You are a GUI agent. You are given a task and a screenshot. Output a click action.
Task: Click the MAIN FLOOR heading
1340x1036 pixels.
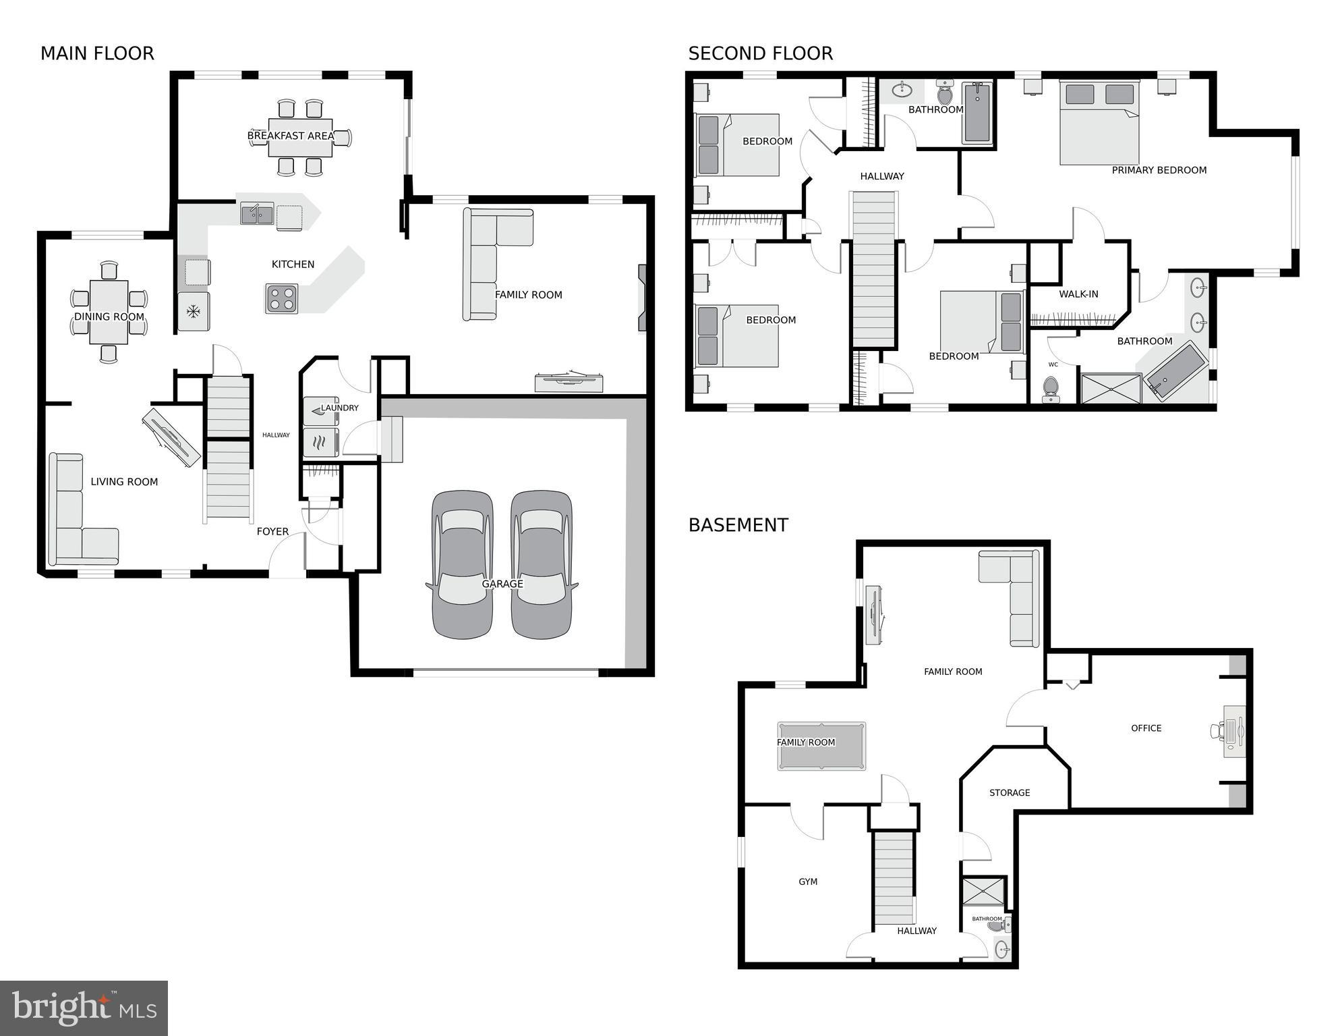coord(97,53)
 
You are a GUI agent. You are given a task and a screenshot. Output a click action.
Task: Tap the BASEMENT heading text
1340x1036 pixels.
coord(738,525)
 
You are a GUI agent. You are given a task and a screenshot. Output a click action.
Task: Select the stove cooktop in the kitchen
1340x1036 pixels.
coord(281,299)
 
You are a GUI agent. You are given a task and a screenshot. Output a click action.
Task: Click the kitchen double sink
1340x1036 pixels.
coord(257,214)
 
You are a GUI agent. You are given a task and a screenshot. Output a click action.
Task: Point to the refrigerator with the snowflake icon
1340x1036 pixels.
coord(194,311)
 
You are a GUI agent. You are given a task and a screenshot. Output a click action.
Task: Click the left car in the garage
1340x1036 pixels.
coord(462,564)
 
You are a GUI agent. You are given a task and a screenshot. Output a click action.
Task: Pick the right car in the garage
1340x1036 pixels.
coord(542,564)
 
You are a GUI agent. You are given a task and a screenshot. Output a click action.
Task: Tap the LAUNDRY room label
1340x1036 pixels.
coord(339,408)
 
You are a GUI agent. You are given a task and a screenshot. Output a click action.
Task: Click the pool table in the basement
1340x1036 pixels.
coord(821,746)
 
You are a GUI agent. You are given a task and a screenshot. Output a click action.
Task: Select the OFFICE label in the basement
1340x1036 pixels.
coord(1146,728)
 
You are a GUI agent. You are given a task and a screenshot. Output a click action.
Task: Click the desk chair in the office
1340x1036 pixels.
coord(1217,730)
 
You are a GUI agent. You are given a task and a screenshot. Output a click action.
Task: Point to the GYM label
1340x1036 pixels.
coord(807,881)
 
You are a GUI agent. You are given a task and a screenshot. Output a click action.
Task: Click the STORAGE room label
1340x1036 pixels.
coord(1009,793)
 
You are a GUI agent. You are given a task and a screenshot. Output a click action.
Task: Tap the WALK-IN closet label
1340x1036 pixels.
coord(1078,294)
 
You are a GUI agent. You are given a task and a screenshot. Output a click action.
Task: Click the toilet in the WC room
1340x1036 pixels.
coord(1050,388)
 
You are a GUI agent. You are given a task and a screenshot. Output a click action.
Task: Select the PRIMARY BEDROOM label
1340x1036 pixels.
coord(1159,170)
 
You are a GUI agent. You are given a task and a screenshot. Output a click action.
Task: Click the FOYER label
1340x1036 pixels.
coord(272,532)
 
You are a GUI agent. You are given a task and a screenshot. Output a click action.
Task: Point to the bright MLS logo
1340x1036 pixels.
coord(84,1008)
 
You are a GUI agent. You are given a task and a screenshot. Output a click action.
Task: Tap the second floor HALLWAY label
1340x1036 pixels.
coord(881,176)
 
